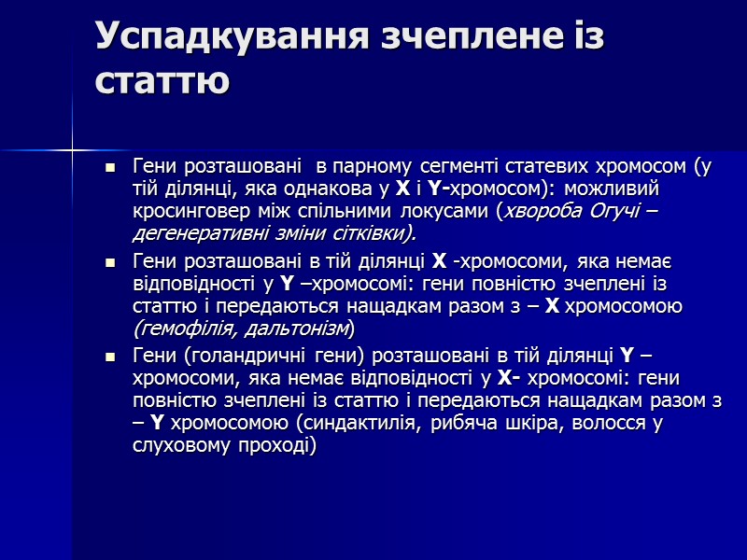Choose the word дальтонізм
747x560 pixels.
292,328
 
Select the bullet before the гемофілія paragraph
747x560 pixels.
111,261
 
